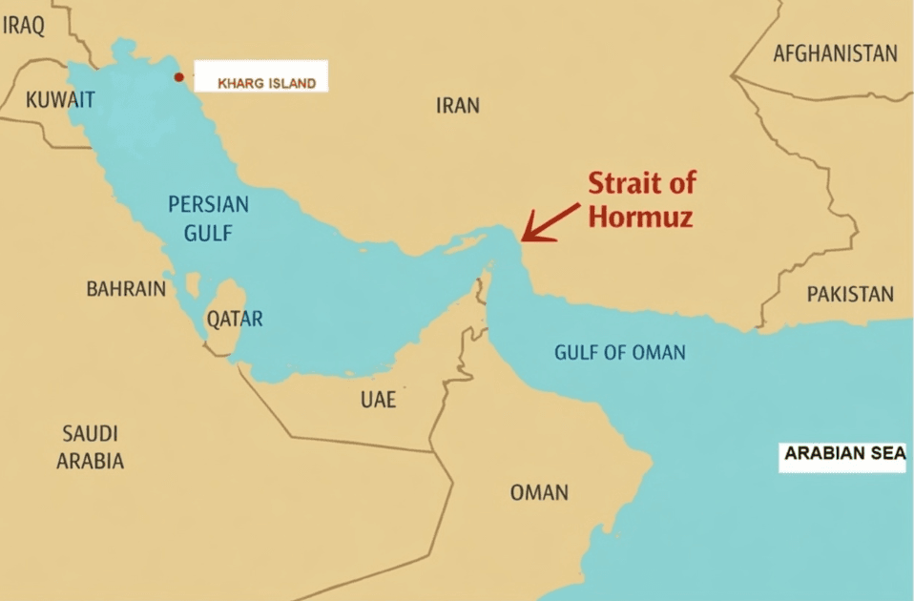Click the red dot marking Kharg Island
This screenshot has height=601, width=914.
pyautogui.click(x=178, y=77)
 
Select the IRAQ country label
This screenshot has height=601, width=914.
pyautogui.click(x=24, y=26)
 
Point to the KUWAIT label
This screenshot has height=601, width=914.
pyautogui.click(x=59, y=99)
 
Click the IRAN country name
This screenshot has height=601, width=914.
pyautogui.click(x=458, y=105)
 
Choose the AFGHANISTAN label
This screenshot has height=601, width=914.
pyautogui.click(x=835, y=53)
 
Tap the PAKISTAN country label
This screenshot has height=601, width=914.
pyautogui.click(x=850, y=294)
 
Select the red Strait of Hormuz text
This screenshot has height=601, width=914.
pyautogui.click(x=641, y=199)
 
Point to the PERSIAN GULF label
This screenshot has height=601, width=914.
pyautogui.click(x=208, y=218)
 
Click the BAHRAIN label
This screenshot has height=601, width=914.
pyautogui.click(x=126, y=288)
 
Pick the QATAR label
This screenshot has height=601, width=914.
pyautogui.click(x=235, y=320)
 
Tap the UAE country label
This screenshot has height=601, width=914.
pyautogui.click(x=378, y=400)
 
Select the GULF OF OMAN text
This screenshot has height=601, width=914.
pyautogui.click(x=620, y=352)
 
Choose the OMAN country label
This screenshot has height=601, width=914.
pyautogui.click(x=539, y=492)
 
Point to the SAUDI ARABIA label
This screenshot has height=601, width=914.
pyautogui.click(x=90, y=446)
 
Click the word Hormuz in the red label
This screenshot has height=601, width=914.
pyautogui.click(x=639, y=217)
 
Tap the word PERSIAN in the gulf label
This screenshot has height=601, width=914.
pyautogui.click(x=208, y=204)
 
